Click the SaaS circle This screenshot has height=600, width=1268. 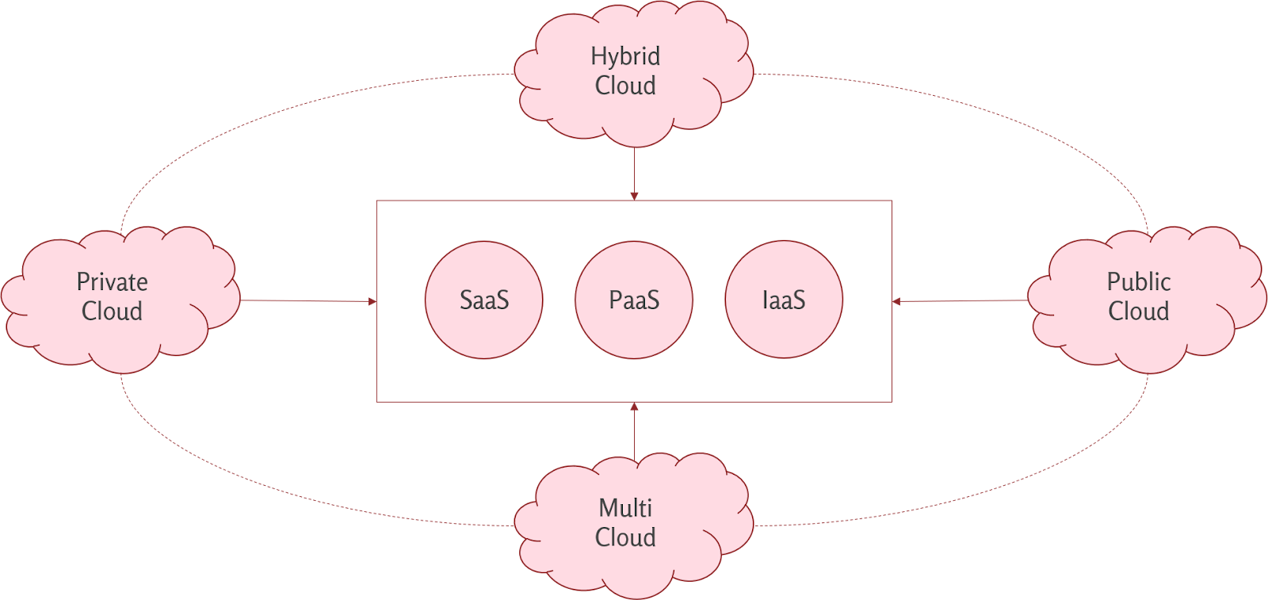(x=484, y=300)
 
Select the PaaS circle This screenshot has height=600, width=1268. (x=634, y=300)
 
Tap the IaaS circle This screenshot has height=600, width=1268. (x=784, y=300)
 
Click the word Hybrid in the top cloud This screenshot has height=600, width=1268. (x=625, y=56)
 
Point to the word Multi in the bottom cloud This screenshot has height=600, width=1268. (x=625, y=508)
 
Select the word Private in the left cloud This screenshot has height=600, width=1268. (x=112, y=282)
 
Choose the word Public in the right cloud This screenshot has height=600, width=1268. (x=1139, y=282)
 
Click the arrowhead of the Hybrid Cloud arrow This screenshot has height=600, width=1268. (x=634, y=197)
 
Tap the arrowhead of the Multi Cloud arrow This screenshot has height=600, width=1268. (x=634, y=407)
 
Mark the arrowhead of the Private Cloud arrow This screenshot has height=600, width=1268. (x=372, y=302)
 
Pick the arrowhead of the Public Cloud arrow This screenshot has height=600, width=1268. (x=896, y=302)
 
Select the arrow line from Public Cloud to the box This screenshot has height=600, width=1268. (x=960, y=300)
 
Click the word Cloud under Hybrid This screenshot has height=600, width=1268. (x=625, y=86)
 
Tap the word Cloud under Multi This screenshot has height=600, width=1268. (x=625, y=537)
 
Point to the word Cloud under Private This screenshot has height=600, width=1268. (x=112, y=311)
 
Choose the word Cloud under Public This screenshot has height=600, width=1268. (x=1139, y=311)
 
